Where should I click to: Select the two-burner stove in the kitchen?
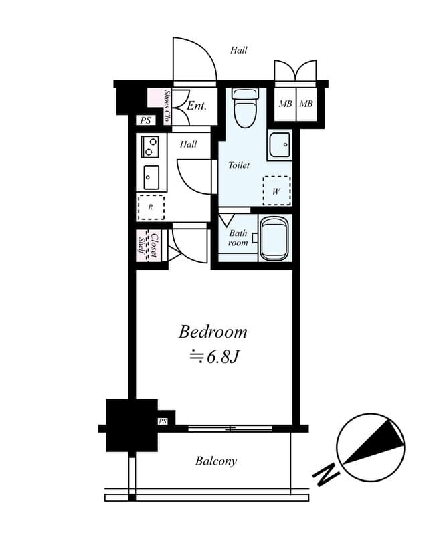click(x=150, y=146)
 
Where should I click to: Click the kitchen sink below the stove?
click(x=151, y=177)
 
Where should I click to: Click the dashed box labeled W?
click(x=276, y=191)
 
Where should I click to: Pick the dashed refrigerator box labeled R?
click(x=151, y=207)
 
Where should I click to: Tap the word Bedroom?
click(x=212, y=332)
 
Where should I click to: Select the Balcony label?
click(x=215, y=461)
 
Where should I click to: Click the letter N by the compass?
click(x=326, y=475)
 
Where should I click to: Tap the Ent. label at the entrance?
click(x=196, y=106)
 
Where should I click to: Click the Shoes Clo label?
click(x=167, y=107)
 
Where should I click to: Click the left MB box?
click(x=285, y=104)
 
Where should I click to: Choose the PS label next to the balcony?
click(x=163, y=421)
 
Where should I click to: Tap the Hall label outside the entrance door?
click(x=239, y=50)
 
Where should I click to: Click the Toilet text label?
click(x=239, y=165)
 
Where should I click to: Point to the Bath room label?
click(x=238, y=238)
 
